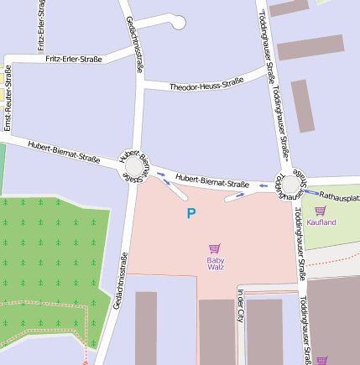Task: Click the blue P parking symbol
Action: [190, 214]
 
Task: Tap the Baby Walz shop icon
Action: [215, 248]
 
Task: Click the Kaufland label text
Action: [321, 222]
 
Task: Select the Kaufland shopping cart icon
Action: [320, 211]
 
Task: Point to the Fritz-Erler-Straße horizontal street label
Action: [70, 59]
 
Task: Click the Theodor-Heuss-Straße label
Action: [206, 86]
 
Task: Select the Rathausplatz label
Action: [339, 197]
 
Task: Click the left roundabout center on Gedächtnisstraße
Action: [134, 168]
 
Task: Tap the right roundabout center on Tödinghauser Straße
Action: [293, 183]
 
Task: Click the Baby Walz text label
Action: [215, 263]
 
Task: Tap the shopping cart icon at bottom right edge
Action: [321, 361]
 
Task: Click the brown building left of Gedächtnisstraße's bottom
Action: [146, 327]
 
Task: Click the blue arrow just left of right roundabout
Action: [263, 185]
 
